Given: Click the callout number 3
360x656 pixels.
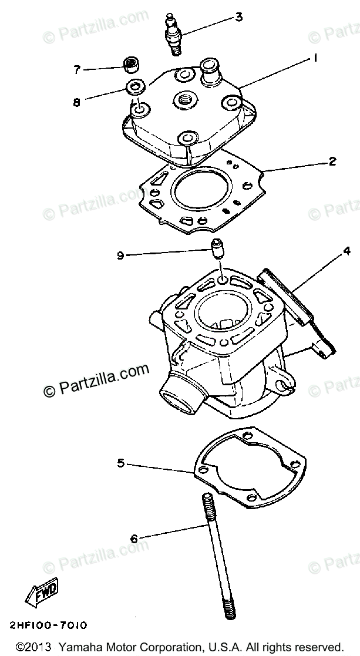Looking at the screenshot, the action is (x=238, y=17).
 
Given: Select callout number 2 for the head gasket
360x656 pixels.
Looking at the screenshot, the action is (x=333, y=161).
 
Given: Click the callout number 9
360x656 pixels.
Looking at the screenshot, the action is (x=120, y=255).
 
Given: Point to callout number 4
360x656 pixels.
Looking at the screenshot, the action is (x=346, y=251).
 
